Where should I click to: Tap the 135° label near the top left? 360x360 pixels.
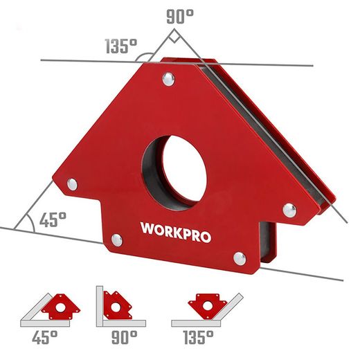coord(120,47)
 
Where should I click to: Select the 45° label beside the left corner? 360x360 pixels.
coord(52,220)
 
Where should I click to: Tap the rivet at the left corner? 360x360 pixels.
coord(71,183)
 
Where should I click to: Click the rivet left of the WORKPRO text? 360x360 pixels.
coord(116,240)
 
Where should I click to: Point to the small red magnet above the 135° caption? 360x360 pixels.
coord(206,305)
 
